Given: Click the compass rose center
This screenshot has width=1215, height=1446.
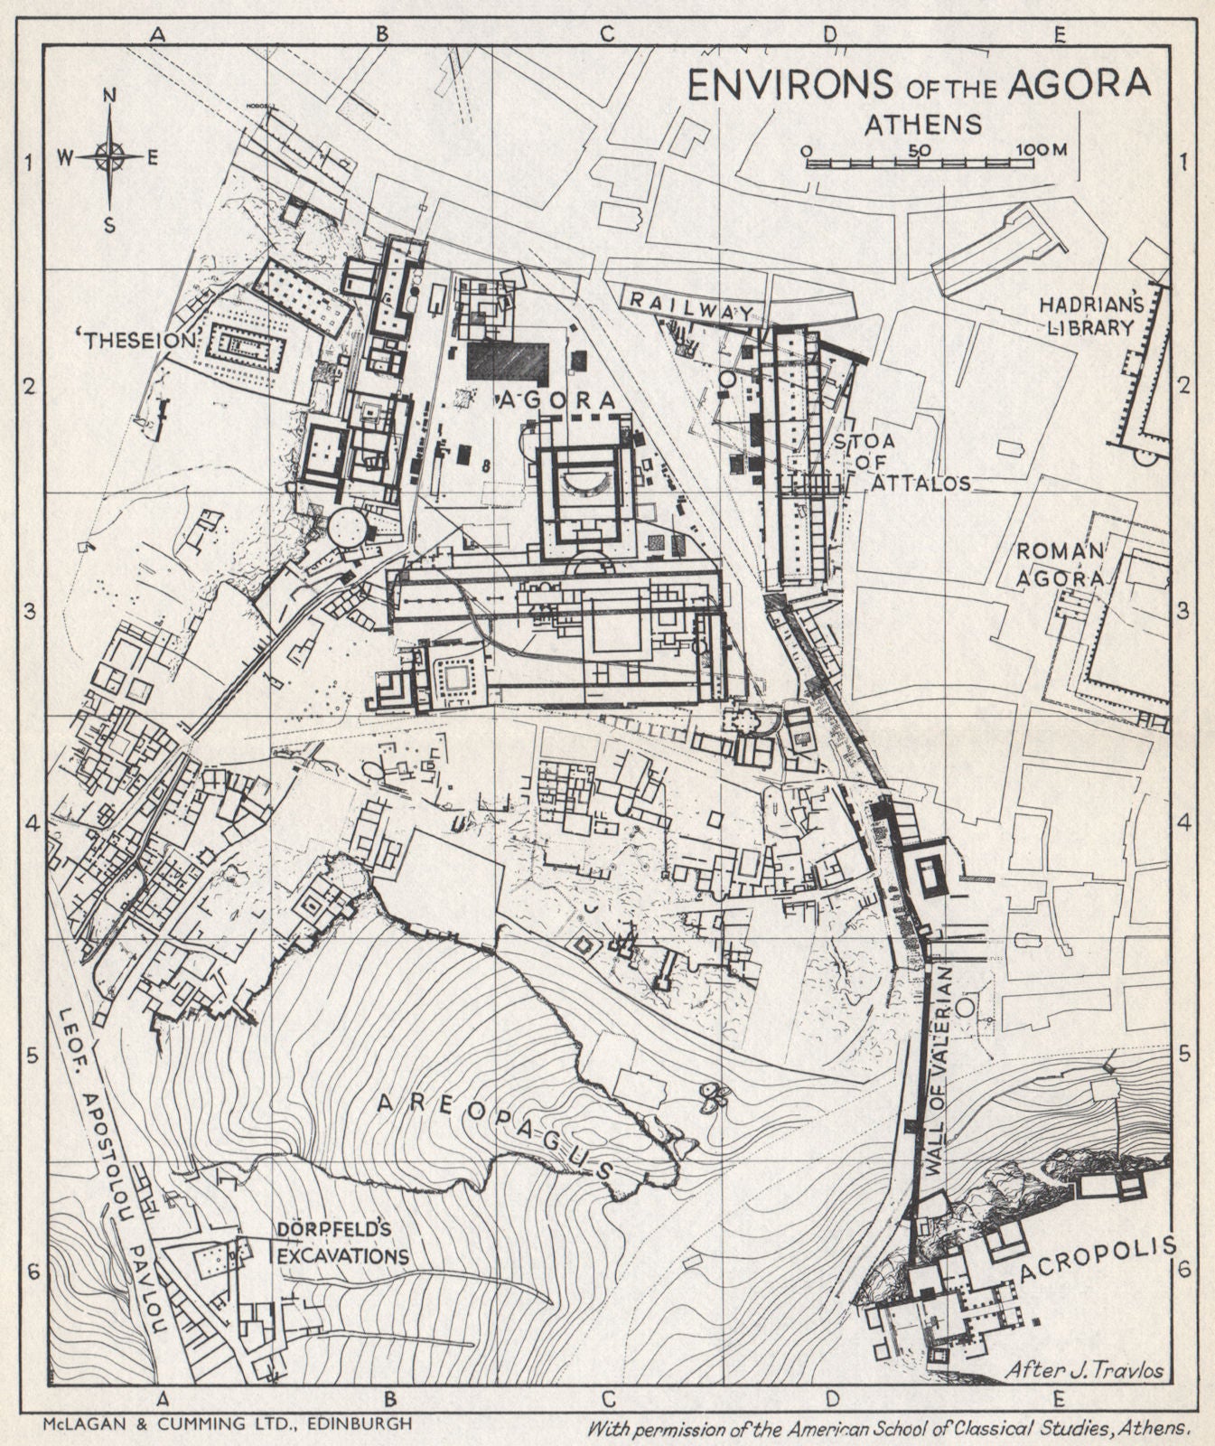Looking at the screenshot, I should [x=110, y=158].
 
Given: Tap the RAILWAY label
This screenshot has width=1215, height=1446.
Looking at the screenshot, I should [x=692, y=305].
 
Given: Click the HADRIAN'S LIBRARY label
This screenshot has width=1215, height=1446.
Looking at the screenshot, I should [x=1089, y=315].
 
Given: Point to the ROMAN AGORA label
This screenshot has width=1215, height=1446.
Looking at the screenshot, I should [x=1062, y=564].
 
